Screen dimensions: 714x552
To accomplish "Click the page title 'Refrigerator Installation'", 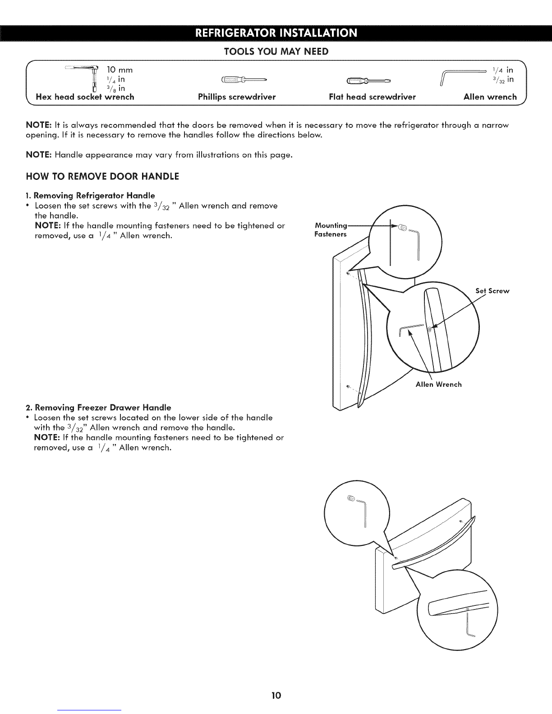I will coord(276,33).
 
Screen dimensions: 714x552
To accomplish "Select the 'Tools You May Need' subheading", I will coord(276,52).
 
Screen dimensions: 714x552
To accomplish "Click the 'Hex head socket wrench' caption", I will coord(85,96).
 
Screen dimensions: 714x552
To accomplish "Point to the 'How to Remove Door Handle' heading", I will coord(104,176).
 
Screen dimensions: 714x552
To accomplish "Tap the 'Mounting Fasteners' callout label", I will coord(331,230).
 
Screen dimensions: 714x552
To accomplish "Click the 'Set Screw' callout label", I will coord(492,291).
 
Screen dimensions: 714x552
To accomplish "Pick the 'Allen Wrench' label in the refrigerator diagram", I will coord(438,384).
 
